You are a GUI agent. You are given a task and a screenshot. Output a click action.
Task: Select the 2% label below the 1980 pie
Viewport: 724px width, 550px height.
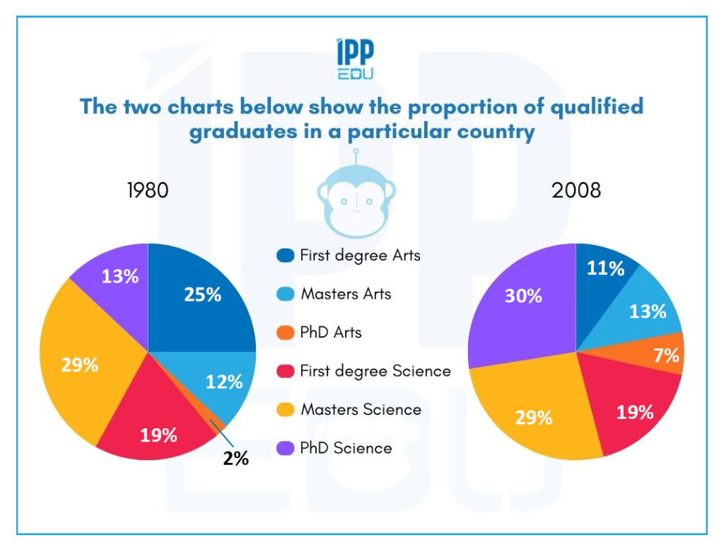(236, 459)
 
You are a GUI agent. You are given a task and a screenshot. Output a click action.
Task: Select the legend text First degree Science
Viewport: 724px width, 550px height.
(375, 371)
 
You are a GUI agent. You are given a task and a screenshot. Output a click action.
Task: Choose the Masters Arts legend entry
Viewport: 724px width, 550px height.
(346, 294)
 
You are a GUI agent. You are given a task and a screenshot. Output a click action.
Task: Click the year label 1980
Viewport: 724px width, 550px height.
(148, 190)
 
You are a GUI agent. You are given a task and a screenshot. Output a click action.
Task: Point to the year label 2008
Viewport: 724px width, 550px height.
(577, 190)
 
